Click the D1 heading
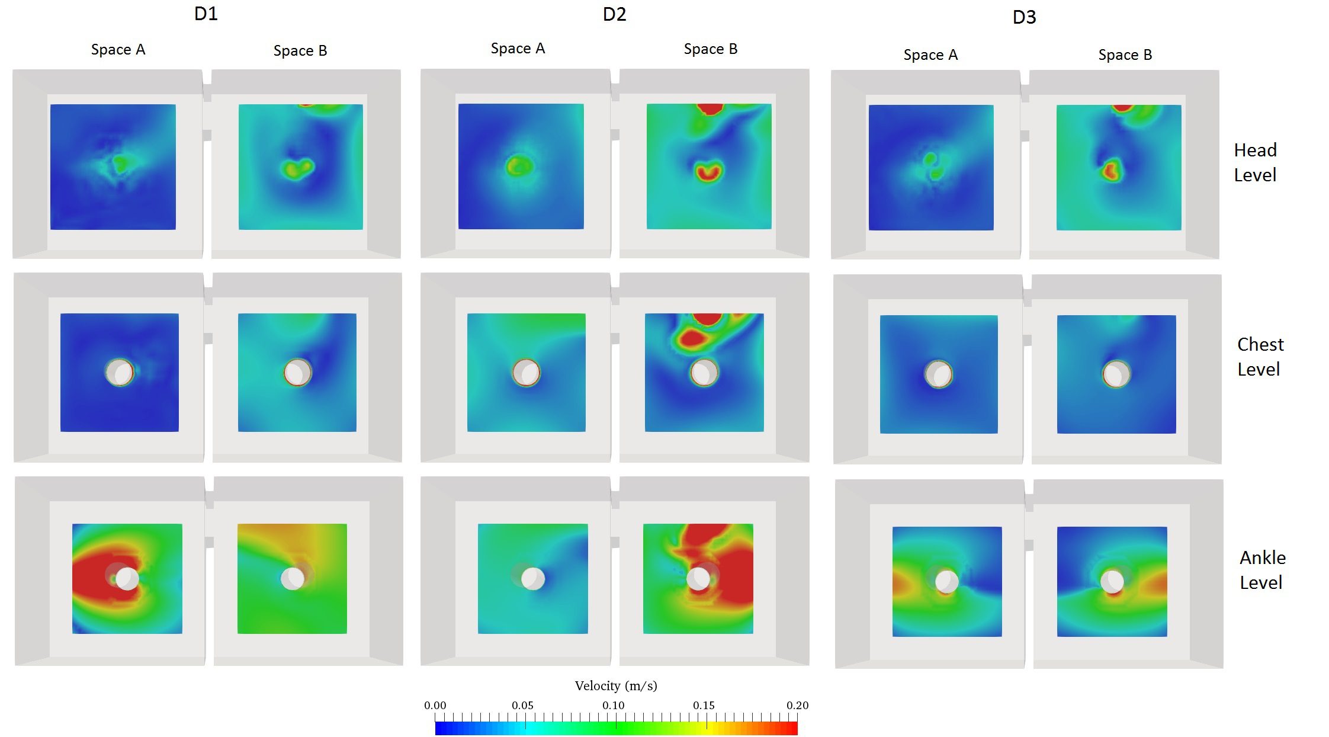click(x=206, y=14)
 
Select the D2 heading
click(x=614, y=14)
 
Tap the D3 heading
click(x=1024, y=17)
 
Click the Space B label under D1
click(x=300, y=51)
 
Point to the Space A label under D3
click(x=930, y=55)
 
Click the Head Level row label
click(x=1255, y=162)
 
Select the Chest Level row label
click(x=1260, y=357)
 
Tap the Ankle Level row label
click(x=1262, y=570)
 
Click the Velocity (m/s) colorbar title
click(x=615, y=686)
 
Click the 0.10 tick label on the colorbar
click(x=613, y=706)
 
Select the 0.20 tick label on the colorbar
click(x=797, y=706)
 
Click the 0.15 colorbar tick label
click(x=704, y=706)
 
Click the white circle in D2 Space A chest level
click(x=526, y=373)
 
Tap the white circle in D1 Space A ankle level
click(x=127, y=578)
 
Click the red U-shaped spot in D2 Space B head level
click(x=708, y=172)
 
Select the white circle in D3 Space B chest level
click(x=1116, y=374)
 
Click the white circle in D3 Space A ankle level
click(x=946, y=581)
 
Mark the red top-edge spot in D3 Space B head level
click(x=1122, y=108)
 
